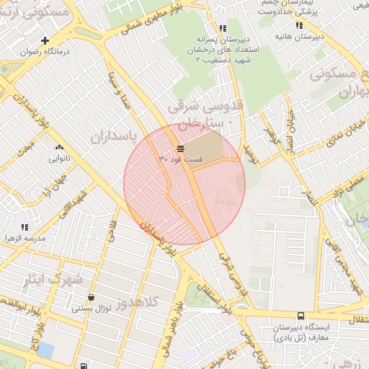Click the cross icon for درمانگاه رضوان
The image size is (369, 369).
pyautogui.click(x=45, y=40)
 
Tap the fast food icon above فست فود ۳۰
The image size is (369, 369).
pyautogui.click(x=179, y=147)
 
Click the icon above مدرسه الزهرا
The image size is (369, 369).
pyautogui.click(x=25, y=227)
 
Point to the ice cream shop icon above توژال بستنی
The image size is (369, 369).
pyautogui.click(x=90, y=298)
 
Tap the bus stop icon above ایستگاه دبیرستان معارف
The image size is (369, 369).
pyautogui.click(x=301, y=316)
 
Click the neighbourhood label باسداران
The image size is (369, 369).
pyautogui.click(x=113, y=135)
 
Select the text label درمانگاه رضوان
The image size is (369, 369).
pyautogui.click(x=34, y=52)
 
